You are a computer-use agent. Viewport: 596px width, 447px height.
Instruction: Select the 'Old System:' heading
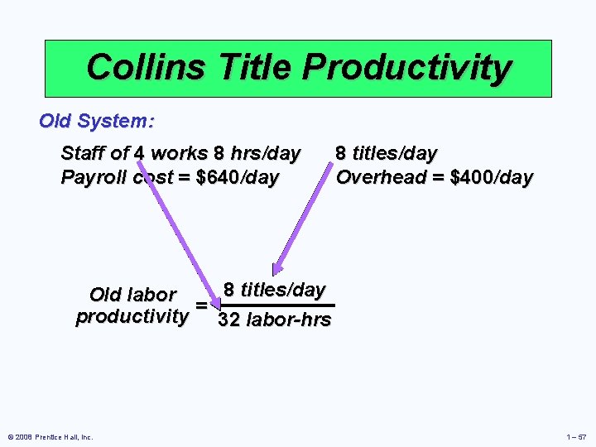(x=96, y=121)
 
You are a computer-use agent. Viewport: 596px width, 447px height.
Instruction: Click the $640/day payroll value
(x=236, y=177)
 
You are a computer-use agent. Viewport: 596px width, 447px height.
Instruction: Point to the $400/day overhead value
(x=491, y=177)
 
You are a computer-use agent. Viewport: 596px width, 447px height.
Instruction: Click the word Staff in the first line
(x=83, y=153)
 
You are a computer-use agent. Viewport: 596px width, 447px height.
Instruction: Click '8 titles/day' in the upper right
(x=386, y=153)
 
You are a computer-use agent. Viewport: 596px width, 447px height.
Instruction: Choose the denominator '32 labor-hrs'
(x=274, y=320)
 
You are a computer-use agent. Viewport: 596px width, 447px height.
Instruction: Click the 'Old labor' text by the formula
(x=132, y=295)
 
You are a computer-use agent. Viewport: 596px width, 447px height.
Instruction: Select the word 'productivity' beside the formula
(x=132, y=316)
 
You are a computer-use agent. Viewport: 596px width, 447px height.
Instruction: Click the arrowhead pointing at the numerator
(x=277, y=267)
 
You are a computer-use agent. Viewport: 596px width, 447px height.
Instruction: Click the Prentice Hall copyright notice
(x=50, y=436)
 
